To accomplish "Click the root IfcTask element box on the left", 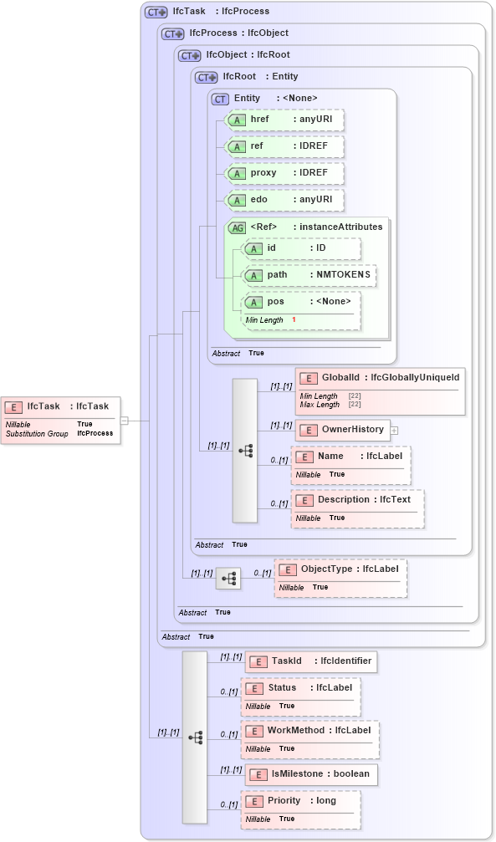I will point(61,419).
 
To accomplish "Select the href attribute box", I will point(285,120).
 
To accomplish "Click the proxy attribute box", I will point(285,173).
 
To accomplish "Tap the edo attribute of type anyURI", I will point(285,201).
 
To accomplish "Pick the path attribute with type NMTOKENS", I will point(309,274).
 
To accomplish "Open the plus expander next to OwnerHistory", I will point(394,430).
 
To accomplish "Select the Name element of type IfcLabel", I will point(350,464).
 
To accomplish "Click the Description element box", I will point(357,508).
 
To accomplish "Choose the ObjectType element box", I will point(340,577).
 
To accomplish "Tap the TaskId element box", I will point(310,661).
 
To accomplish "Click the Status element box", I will point(301,696).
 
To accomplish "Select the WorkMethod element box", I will point(309,738).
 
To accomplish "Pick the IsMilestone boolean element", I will point(310,773).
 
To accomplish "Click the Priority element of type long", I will point(301,808).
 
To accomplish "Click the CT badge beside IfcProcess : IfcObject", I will point(173,33).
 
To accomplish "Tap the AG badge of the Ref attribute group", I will point(238,227).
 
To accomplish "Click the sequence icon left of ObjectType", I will point(228,578).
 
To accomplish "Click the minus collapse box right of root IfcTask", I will point(124,421).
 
